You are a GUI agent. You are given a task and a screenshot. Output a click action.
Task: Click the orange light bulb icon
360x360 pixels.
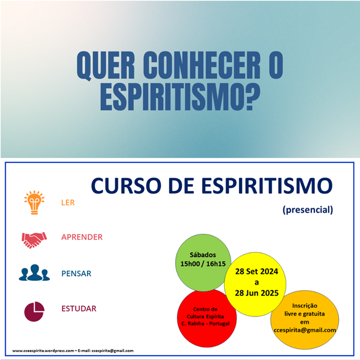[x=34, y=203]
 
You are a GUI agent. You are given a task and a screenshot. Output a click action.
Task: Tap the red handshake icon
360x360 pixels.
[x=34, y=240]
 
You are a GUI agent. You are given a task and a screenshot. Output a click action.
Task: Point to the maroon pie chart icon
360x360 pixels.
[x=34, y=311]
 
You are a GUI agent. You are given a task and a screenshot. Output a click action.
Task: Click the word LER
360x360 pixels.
[x=68, y=203]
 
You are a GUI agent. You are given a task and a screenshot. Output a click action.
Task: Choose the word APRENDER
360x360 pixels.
[x=82, y=237]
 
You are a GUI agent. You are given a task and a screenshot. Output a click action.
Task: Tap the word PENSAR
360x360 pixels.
[x=76, y=273]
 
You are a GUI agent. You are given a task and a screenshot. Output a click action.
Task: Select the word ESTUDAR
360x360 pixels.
[x=79, y=309]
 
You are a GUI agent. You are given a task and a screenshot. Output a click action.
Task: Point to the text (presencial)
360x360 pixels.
[x=308, y=210]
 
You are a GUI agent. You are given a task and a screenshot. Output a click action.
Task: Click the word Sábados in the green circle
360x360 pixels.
[x=203, y=255]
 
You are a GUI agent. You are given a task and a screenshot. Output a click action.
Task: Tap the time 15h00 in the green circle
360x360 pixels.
[x=190, y=264]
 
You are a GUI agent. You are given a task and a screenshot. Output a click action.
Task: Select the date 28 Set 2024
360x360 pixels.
[x=256, y=271]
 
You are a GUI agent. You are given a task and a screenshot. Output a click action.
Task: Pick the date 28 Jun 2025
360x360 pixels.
[x=256, y=293]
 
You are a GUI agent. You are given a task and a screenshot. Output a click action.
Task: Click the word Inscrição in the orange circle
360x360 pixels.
[x=305, y=306]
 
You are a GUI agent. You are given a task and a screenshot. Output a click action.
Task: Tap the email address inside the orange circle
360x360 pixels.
[x=305, y=330]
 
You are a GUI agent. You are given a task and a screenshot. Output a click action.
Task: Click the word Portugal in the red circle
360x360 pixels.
[x=219, y=324]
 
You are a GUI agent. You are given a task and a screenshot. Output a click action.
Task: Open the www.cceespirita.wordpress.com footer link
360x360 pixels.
[x=43, y=351]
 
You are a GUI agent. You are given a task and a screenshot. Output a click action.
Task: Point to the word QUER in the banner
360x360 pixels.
[x=105, y=66]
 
